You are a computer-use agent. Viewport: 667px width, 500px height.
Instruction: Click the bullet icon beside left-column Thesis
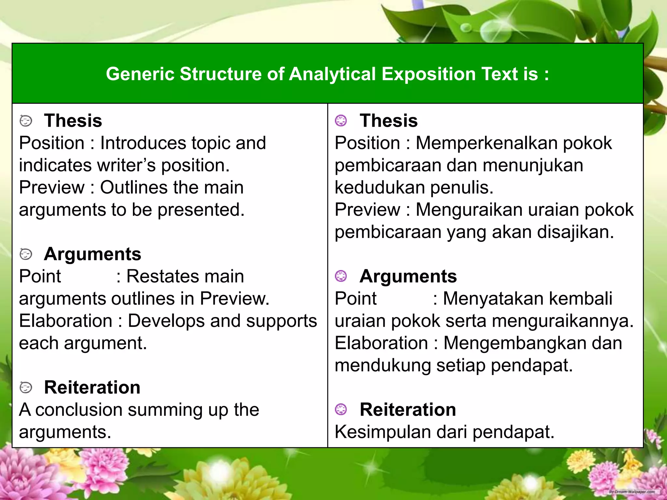coord(26,121)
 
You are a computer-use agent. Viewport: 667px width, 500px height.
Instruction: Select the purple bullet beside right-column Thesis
coord(341,121)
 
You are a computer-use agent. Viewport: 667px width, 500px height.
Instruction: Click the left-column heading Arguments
coord(92,254)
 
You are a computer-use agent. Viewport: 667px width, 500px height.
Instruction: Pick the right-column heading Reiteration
coord(408,410)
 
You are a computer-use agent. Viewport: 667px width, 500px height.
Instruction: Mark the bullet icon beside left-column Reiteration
coord(26,388)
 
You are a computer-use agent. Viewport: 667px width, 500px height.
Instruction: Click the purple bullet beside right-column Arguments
coord(341,276)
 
